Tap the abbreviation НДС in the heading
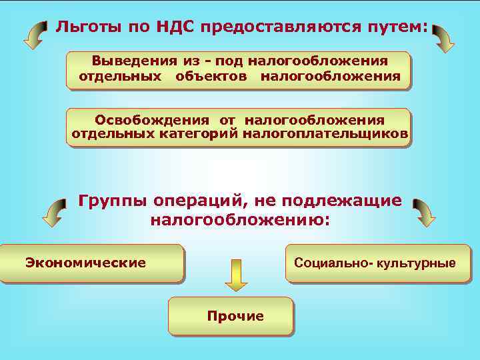coord(180,27)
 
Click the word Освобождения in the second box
coord(152,120)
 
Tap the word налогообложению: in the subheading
coord(240,219)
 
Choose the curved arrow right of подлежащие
coord(423,212)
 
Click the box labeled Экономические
coord(92,263)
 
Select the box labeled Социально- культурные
coord(377,263)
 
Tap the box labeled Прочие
coord(230,316)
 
